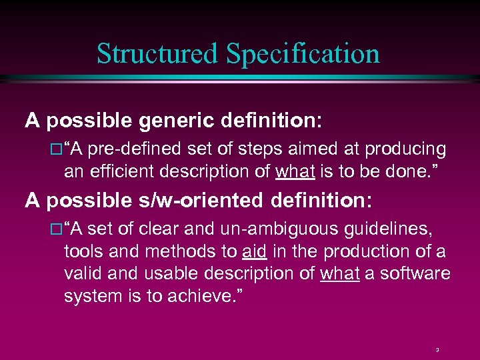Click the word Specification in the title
coord(303,53)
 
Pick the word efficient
coord(124,171)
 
